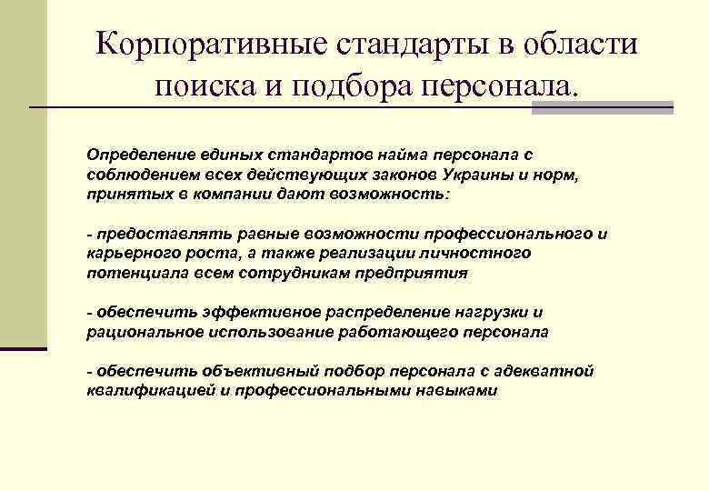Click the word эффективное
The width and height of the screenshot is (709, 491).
point(219,312)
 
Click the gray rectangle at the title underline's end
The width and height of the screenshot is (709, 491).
point(603,107)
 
